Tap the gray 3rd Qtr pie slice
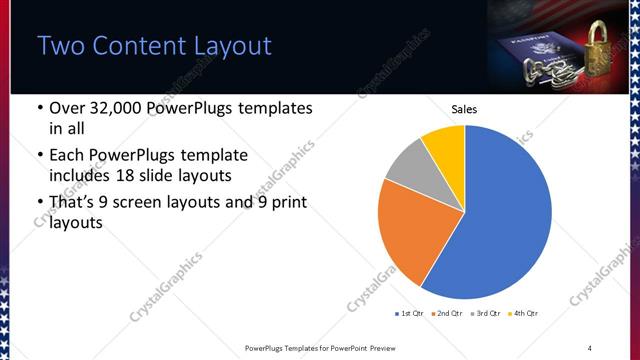click(408, 165)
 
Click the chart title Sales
click(465, 109)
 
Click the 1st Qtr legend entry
click(412, 314)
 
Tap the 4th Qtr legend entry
click(524, 314)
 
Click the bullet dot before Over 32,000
click(39, 108)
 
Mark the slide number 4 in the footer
click(590, 347)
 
